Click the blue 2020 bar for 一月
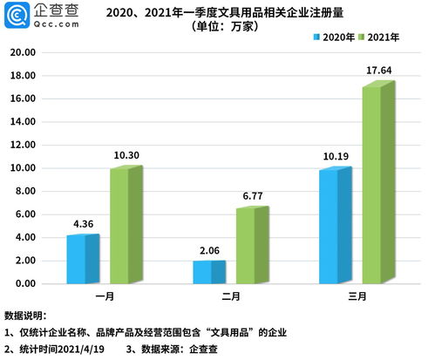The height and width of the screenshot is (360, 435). (83, 260)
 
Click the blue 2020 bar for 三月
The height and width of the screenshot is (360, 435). (333, 226)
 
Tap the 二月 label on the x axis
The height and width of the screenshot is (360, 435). (230, 297)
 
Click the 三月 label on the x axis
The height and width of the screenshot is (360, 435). (356, 297)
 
